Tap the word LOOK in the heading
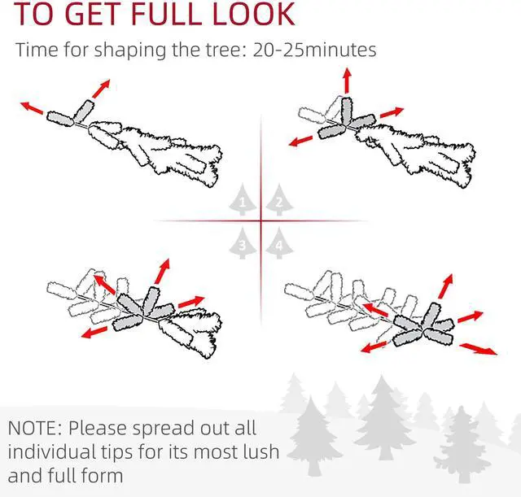254,14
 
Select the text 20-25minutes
315,50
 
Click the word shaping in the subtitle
130,50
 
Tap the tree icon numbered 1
243,199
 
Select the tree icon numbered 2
279,199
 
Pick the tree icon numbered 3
243,243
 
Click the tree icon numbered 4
279,243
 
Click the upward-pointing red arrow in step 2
348,81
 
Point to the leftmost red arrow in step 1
32,107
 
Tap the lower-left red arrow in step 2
300,141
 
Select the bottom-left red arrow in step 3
94,333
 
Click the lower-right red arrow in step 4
479,349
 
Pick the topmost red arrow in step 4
445,286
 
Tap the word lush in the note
260,451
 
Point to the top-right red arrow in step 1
101,89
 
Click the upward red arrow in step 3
162,271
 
